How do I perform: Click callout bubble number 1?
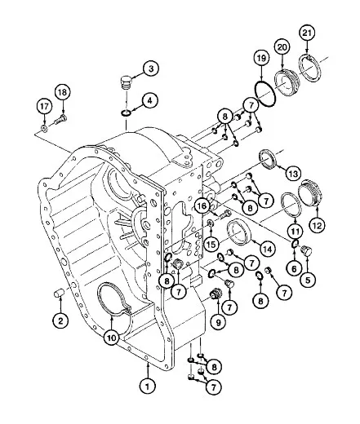(148, 386)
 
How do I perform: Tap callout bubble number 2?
(60, 320)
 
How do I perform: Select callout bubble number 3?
(151, 68)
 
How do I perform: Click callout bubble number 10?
(112, 338)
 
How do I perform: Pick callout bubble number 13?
(293, 174)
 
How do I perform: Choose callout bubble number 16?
(202, 206)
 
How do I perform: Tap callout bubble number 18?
(63, 92)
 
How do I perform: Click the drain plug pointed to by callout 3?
(125, 82)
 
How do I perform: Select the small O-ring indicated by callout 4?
(126, 113)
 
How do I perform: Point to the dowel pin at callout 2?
(59, 294)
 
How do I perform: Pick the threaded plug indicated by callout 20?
(287, 83)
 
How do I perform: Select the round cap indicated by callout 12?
(311, 192)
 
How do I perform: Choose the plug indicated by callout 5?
(305, 250)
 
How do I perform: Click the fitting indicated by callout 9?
(217, 294)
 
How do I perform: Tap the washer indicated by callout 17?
(44, 128)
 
